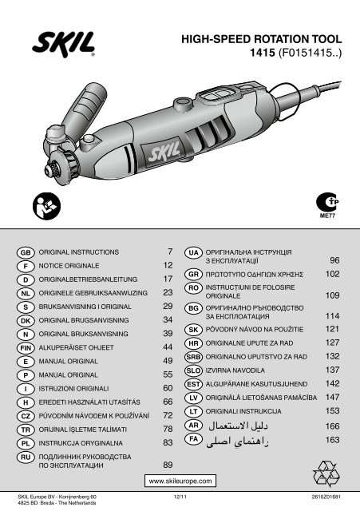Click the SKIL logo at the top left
click(64, 45)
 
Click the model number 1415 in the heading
click(263, 53)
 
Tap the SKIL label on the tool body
click(164, 153)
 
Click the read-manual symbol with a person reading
click(46, 206)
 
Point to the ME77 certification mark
click(327, 206)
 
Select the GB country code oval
click(26, 252)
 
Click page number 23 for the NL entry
click(168, 292)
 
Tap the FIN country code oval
click(26, 348)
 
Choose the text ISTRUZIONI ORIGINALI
click(73, 389)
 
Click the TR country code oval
click(26, 430)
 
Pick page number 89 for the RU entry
click(168, 465)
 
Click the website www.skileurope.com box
click(180, 481)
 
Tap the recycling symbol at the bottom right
click(326, 473)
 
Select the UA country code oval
click(193, 252)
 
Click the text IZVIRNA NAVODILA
click(235, 370)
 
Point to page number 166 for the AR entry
click(332, 426)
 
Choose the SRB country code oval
click(193, 357)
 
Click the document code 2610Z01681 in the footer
click(326, 497)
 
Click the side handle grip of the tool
click(84, 109)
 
